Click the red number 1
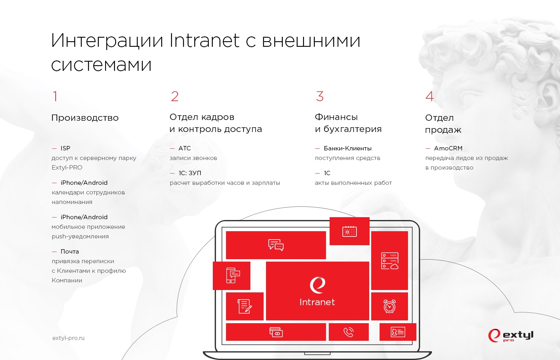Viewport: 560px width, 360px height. (55, 96)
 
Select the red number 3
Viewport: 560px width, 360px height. (320, 96)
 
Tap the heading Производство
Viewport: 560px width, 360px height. (85, 118)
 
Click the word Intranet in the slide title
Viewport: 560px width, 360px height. (204, 40)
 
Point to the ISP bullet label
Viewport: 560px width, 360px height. (65, 148)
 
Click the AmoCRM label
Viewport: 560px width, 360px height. (448, 148)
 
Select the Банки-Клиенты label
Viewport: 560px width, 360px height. (348, 148)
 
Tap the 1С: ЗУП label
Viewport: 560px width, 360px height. (190, 173)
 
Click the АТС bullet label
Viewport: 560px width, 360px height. (184, 148)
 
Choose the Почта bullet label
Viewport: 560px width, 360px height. (70, 252)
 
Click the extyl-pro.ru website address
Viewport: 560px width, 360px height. (68, 338)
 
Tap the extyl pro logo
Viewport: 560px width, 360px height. (511, 336)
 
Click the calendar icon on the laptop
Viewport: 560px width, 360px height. (350, 231)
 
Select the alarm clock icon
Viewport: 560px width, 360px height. (390, 306)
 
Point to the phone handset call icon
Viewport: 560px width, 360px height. (348, 332)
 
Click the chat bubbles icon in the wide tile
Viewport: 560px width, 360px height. (276, 245)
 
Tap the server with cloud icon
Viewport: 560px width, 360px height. (390, 261)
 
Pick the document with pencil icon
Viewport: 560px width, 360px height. (244, 306)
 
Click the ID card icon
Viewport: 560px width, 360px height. (398, 332)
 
